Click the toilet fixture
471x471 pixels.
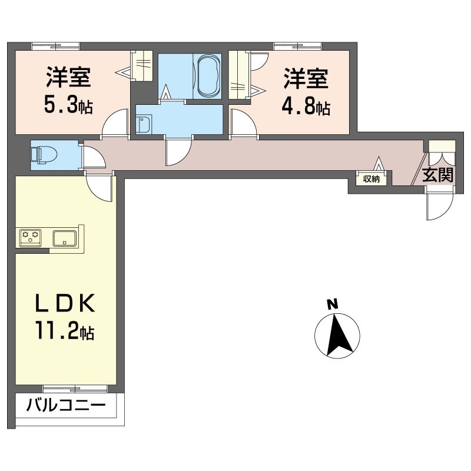(44, 155)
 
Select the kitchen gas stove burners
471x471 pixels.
(31, 238)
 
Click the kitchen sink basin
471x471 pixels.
(65, 238)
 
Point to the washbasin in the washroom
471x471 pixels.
(144, 124)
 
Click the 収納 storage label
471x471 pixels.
(372, 179)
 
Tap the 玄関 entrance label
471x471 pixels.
(437, 175)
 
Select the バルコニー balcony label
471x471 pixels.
(66, 406)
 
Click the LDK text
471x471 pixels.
(65, 303)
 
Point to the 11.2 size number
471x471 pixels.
(57, 330)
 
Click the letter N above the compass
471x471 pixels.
(333, 304)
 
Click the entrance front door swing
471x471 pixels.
(439, 204)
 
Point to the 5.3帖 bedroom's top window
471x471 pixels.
(56, 47)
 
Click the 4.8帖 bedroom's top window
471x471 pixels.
(298, 47)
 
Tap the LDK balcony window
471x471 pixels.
(75, 389)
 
